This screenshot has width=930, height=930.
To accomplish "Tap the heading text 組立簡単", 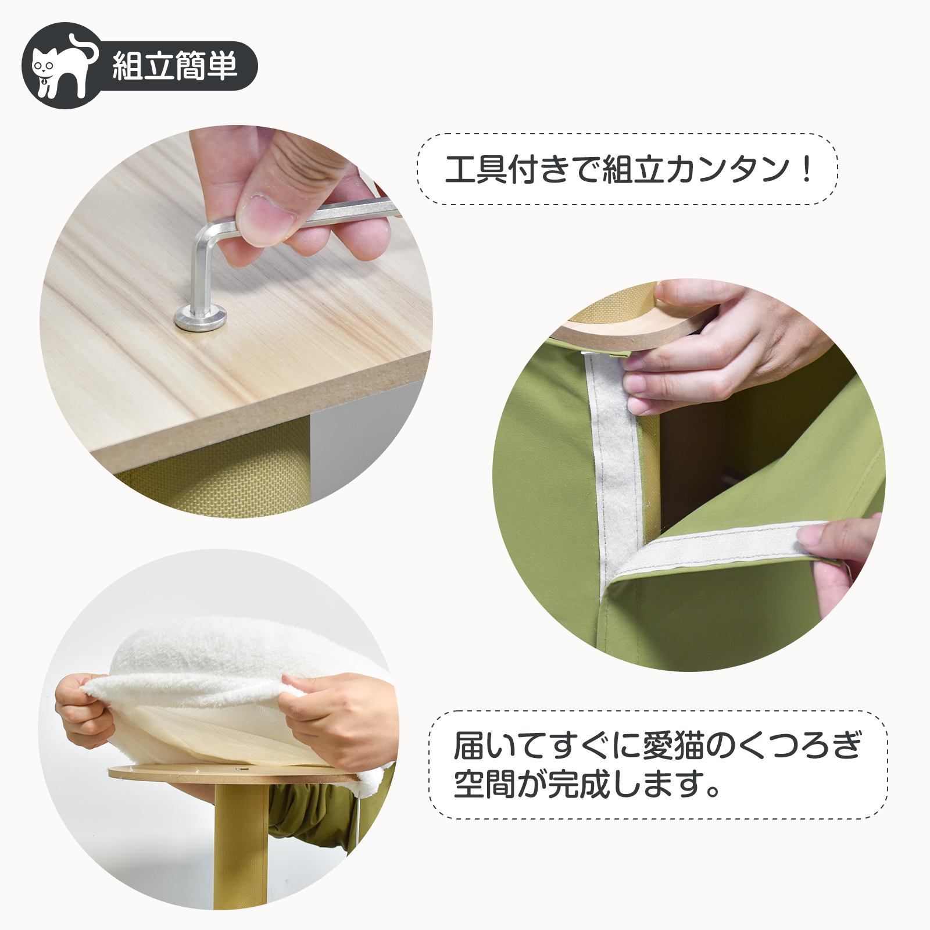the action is coord(175,65).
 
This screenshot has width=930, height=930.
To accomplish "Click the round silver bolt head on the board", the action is coord(201,317).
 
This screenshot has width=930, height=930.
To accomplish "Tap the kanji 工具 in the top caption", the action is coord(475,169).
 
